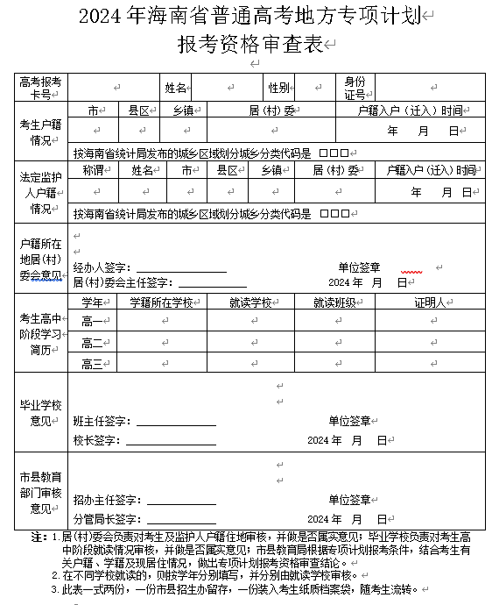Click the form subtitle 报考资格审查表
pyautogui.click(x=249, y=45)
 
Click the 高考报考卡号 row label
pyautogui.click(x=41, y=88)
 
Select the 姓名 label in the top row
pyautogui.click(x=176, y=88)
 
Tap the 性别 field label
pyautogui.click(x=279, y=88)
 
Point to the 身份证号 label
pyautogui.click(x=355, y=88)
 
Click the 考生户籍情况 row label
pyautogui.click(x=41, y=132)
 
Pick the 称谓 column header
pyautogui.click(x=94, y=169)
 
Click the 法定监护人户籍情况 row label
pyautogui.click(x=41, y=193)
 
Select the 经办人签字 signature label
pyautogui.click(x=102, y=267)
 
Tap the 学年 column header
pyautogui.click(x=94, y=302)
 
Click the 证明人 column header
pyautogui.click(x=431, y=302)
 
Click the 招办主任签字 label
pyautogui.click(x=102, y=500)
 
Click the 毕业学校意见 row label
pyautogui.click(x=41, y=413)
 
